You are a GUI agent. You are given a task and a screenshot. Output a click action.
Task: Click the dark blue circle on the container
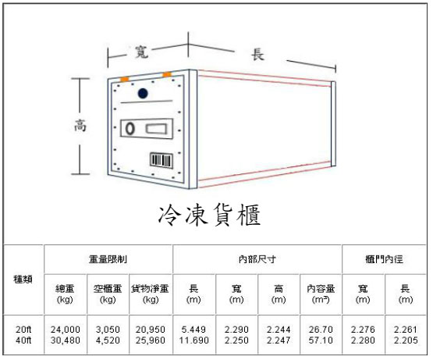pyautogui.click(x=143, y=94)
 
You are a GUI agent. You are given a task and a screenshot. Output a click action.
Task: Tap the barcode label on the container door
pyautogui.click(x=161, y=160)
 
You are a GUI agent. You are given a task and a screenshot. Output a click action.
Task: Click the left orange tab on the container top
pyautogui.click(x=125, y=80)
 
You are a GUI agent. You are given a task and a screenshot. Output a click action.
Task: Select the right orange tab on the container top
pyautogui.click(x=167, y=74)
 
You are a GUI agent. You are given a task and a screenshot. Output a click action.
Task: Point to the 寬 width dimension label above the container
pyautogui.click(x=142, y=52)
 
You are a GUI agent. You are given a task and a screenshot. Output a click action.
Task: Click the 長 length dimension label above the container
pyautogui.click(x=258, y=55)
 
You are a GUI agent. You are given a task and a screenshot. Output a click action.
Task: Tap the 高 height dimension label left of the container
pyautogui.click(x=80, y=125)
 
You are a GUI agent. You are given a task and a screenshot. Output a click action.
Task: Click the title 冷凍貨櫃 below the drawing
pyautogui.click(x=210, y=215)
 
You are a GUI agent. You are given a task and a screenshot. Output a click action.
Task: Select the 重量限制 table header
pyautogui.click(x=108, y=259)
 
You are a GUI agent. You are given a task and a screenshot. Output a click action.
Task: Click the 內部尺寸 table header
pyautogui.click(x=257, y=259)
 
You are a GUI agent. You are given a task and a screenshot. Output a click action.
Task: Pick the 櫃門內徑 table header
pyautogui.click(x=384, y=259)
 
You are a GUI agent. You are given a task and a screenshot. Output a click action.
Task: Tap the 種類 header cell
pyautogui.click(x=23, y=280)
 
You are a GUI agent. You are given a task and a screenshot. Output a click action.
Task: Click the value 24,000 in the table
pyautogui.click(x=66, y=330)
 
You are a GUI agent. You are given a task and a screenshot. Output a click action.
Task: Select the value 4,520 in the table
pyautogui.click(x=108, y=340)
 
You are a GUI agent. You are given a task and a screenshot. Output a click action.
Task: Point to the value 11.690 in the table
pyautogui.click(x=193, y=340)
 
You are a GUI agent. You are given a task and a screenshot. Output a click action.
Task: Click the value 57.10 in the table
pyautogui.click(x=321, y=340)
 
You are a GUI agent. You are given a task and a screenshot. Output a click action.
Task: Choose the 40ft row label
pyautogui.click(x=23, y=340)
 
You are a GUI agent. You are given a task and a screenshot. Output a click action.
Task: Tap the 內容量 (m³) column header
pyautogui.click(x=321, y=294)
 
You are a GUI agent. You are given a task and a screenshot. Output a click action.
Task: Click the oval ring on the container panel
pyautogui.click(x=130, y=129)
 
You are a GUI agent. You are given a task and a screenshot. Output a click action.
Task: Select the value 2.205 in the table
pyautogui.click(x=406, y=340)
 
